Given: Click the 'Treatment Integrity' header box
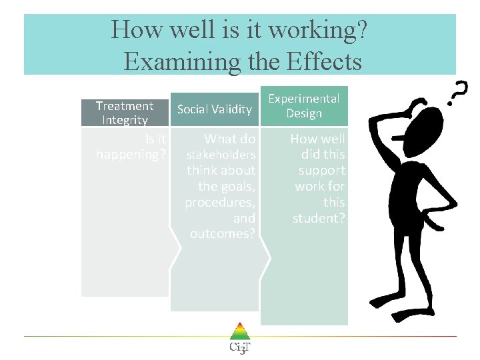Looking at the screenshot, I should [x=124, y=113].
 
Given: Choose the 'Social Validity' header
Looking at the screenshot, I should [x=215, y=109].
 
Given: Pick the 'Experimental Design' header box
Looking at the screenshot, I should [x=304, y=106].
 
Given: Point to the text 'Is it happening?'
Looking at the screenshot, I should [x=131, y=147].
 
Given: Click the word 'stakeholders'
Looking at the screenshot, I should [x=221, y=155].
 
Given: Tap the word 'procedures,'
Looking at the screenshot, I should [x=220, y=202].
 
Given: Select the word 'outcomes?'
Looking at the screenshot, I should [x=223, y=233].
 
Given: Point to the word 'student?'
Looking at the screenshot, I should [x=319, y=217].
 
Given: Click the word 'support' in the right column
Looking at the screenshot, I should [x=321, y=170].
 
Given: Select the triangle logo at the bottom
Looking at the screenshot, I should [x=239, y=331].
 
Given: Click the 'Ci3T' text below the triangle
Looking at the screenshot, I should [x=239, y=348].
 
